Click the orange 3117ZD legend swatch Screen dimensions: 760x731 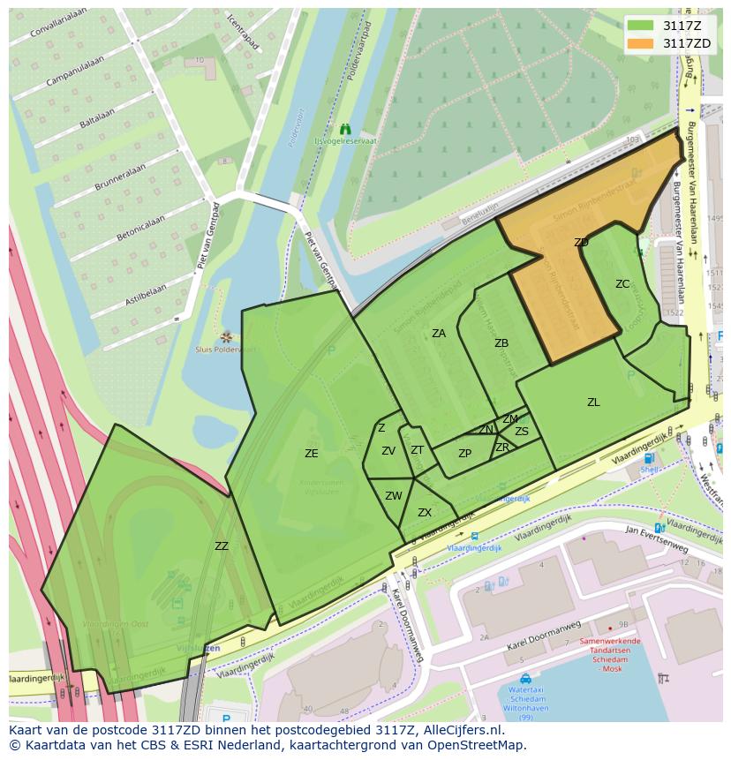[x=641, y=43]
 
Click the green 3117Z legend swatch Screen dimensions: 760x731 [x=641, y=26]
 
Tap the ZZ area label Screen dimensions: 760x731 [x=222, y=546]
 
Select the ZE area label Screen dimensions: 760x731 [x=311, y=454]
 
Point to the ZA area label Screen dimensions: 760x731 [x=439, y=334]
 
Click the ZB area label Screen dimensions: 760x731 [x=501, y=343]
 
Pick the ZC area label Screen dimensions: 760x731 [x=622, y=284]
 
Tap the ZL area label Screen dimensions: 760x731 [x=593, y=403]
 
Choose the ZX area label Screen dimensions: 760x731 [x=425, y=513]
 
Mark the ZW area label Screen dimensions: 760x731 [x=394, y=496]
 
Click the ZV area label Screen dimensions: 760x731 [x=388, y=451]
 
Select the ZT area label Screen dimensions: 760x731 [x=418, y=450]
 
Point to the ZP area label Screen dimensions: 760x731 [x=465, y=454]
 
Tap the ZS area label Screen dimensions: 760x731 [x=522, y=432]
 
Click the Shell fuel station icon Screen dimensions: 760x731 [x=650, y=458]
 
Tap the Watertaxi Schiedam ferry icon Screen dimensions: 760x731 [x=525, y=679]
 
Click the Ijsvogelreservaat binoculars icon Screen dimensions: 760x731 [x=345, y=129]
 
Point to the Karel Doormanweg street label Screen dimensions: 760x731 [x=544, y=640]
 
